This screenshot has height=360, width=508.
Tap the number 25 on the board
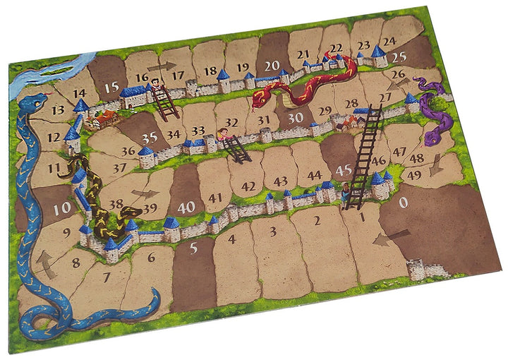click(399, 56)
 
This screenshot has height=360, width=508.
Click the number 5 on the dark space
click(194, 248)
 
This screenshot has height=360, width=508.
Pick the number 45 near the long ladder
click(344, 170)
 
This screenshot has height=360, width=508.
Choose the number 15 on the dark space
click(110, 87)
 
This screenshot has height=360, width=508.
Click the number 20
click(272, 65)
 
